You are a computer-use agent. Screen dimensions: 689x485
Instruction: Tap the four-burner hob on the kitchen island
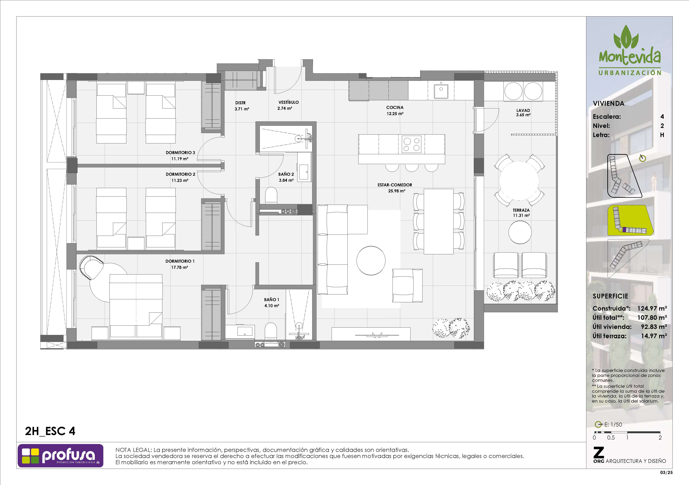(x=411, y=144)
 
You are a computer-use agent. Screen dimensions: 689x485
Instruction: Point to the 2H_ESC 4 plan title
(x=50, y=431)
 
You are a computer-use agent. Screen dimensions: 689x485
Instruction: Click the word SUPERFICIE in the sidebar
(x=610, y=296)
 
